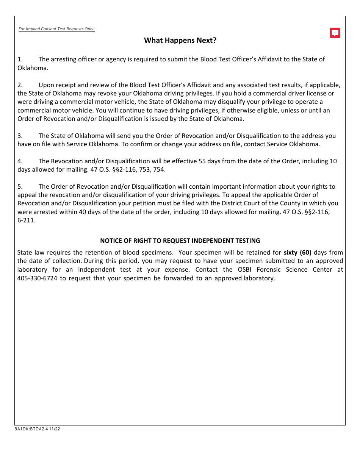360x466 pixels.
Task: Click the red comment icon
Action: [x=335, y=33]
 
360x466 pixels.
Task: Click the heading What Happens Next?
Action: [x=180, y=41]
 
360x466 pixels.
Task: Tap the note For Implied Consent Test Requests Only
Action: [x=56, y=29]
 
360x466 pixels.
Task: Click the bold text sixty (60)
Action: [x=297, y=252]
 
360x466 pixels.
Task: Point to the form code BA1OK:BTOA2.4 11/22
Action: [x=37, y=429]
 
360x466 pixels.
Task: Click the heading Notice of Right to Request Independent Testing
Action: [x=180, y=241]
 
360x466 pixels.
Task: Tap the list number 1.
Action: [x=20, y=59]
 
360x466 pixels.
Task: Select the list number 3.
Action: [x=20, y=136]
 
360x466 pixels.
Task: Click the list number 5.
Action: [x=20, y=186]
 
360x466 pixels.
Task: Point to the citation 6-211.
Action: [x=26, y=220]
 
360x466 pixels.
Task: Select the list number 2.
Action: [x=20, y=85]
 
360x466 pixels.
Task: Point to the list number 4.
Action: [x=20, y=161]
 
